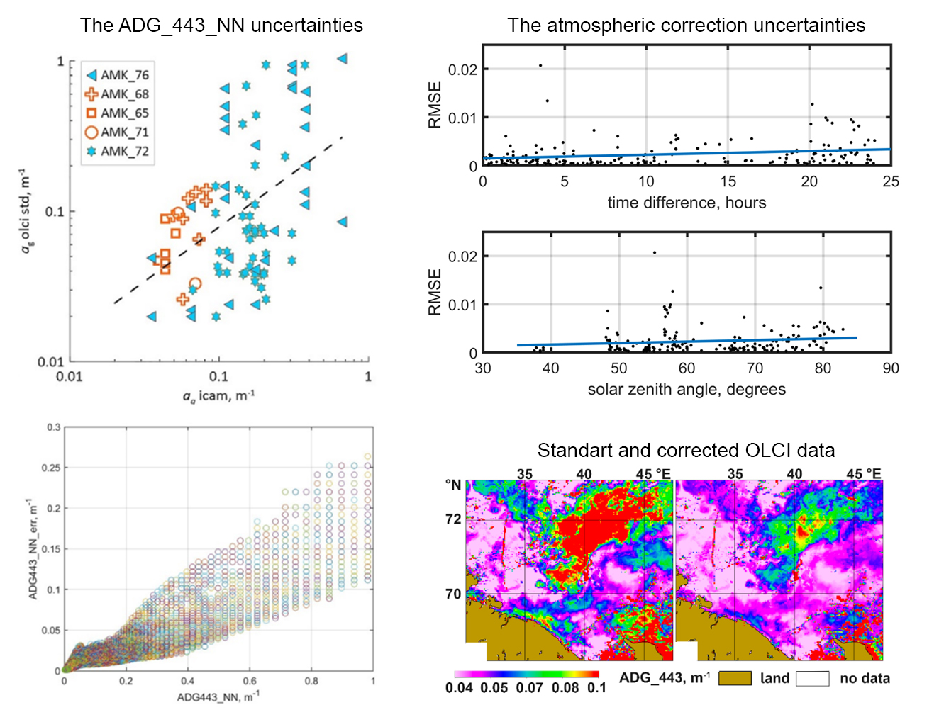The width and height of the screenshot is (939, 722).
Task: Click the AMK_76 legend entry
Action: [x=118, y=75]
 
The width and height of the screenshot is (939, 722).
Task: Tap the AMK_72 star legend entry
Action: [x=118, y=152]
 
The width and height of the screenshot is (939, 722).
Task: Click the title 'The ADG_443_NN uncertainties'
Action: [x=221, y=25]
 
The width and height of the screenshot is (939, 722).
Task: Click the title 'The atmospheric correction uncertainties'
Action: [x=686, y=25]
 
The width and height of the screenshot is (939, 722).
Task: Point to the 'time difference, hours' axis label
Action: [x=687, y=203]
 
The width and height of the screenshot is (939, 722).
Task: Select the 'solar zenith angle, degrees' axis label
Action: [x=687, y=389]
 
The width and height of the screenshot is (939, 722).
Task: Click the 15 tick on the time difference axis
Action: [x=728, y=181]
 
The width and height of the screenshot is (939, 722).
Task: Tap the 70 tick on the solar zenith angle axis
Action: [x=755, y=368]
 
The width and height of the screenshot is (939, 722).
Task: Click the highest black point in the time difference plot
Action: [x=540, y=66]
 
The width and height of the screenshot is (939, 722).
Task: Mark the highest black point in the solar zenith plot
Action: [x=655, y=252]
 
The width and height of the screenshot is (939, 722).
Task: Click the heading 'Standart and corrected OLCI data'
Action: [x=686, y=450]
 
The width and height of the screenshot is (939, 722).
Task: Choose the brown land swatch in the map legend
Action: [x=735, y=678]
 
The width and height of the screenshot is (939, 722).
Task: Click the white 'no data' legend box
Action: [x=812, y=678]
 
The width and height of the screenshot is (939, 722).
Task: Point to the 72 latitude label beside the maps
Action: [x=453, y=519]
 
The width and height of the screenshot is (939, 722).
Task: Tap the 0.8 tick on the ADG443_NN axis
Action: [x=311, y=681]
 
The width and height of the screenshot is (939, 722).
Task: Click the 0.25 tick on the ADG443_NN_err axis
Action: [x=51, y=468]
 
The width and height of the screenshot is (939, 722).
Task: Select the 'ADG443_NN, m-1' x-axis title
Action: [x=218, y=696]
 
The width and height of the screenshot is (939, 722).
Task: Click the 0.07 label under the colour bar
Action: [x=529, y=687]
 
